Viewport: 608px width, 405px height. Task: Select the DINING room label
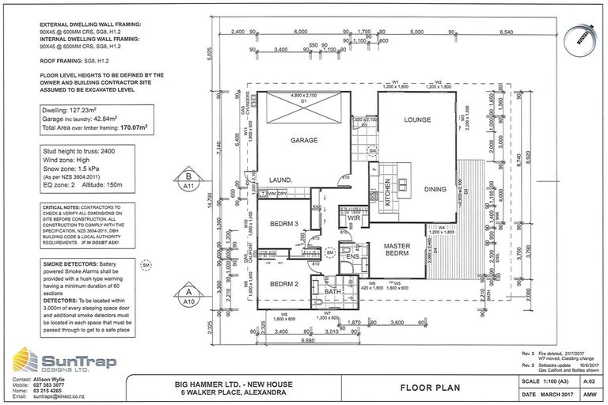tap(435, 189)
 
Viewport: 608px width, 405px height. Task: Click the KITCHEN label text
tap(388, 193)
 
